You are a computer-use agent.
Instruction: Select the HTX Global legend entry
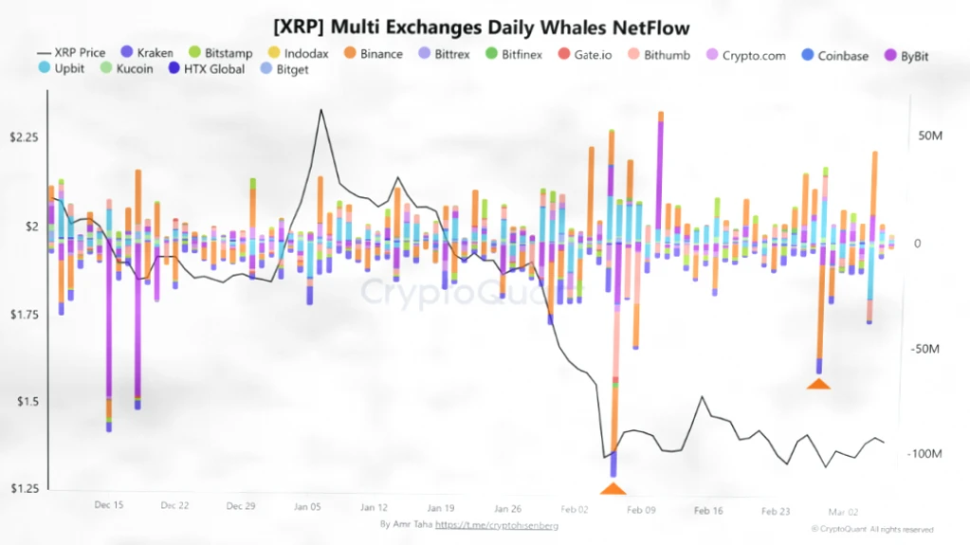point(206,69)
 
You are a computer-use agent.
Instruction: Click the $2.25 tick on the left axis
point(24,137)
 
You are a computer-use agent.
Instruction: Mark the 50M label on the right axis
point(929,137)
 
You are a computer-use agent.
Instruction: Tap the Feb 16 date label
point(708,510)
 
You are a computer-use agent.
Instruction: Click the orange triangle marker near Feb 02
point(613,489)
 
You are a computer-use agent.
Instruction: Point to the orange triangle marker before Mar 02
point(818,383)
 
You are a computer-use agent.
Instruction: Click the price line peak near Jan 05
point(320,110)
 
